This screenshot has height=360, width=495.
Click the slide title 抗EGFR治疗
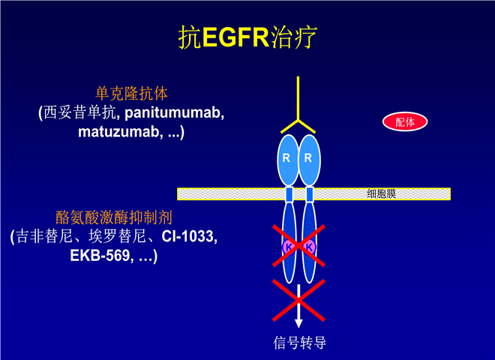pyautogui.click(x=247, y=37)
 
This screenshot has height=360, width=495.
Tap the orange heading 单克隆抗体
pyautogui.click(x=132, y=94)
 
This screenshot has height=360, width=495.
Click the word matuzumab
pyautogui.click(x=118, y=131)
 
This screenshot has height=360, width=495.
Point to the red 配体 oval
pyautogui.click(x=405, y=121)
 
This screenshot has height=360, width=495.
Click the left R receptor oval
pyautogui.click(x=287, y=160)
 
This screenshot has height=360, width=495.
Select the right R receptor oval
pyautogui.click(x=309, y=160)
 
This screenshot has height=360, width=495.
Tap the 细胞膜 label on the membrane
pyautogui.click(x=381, y=193)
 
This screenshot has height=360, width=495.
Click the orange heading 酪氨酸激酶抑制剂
pyautogui.click(x=114, y=217)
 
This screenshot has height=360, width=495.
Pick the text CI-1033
pyautogui.click(x=187, y=236)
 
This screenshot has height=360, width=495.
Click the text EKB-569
pyautogui.click(x=100, y=255)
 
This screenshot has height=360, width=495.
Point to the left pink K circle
pyautogui.click(x=288, y=247)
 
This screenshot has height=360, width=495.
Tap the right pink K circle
pyautogui.click(x=309, y=247)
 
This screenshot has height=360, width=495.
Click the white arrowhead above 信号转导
pyautogui.click(x=298, y=322)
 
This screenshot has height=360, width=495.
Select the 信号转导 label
pyautogui.click(x=299, y=343)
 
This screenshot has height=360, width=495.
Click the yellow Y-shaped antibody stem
pyautogui.click(x=298, y=98)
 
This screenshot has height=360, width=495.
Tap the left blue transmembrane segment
pyautogui.click(x=289, y=194)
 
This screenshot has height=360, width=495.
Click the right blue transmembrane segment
pyautogui.click(x=310, y=194)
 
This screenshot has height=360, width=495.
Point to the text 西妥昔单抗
pyautogui.click(x=79, y=112)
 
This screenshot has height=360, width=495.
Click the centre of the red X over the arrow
pyautogui.click(x=298, y=300)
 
